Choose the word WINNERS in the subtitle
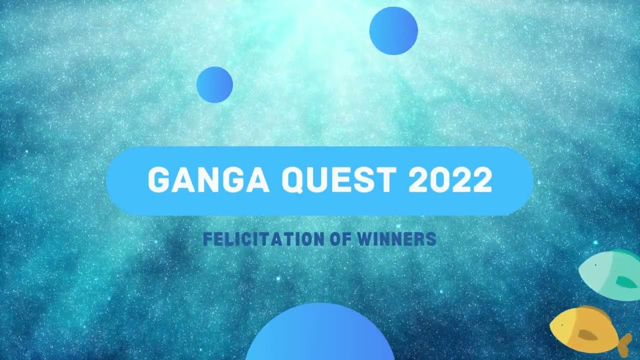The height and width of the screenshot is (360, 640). (x=397, y=239)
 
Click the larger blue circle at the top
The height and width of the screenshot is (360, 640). (x=393, y=30)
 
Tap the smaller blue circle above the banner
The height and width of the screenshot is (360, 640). (x=214, y=84)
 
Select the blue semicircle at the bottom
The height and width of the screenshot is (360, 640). (x=320, y=335)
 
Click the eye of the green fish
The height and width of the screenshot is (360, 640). (x=596, y=265)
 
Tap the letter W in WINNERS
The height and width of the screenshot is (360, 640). (x=364, y=239)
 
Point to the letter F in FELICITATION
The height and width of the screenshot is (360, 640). (x=207, y=239)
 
